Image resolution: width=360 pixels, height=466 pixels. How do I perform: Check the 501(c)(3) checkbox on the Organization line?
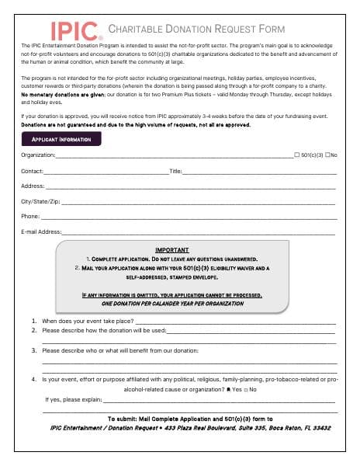pyautogui.click(x=297, y=155)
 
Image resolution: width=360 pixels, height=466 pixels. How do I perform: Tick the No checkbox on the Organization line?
pyautogui.click(x=327, y=155)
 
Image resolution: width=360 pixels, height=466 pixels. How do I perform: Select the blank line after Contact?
pyautogui.click(x=106, y=171)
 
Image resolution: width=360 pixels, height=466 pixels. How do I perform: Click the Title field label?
pyautogui.click(x=175, y=171)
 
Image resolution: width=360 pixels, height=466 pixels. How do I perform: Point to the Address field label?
pyautogui.click(x=33, y=186)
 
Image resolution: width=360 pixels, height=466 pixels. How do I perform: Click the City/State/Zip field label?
pyautogui.click(x=40, y=201)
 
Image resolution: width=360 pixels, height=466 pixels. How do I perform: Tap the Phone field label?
pyautogui.click(x=30, y=216)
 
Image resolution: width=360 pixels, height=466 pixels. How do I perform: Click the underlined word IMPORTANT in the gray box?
pyautogui.click(x=173, y=250)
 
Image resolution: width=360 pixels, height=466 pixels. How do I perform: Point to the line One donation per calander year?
pyautogui.click(x=173, y=303)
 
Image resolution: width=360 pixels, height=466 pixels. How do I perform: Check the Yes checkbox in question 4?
pyautogui.click(x=228, y=388)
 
